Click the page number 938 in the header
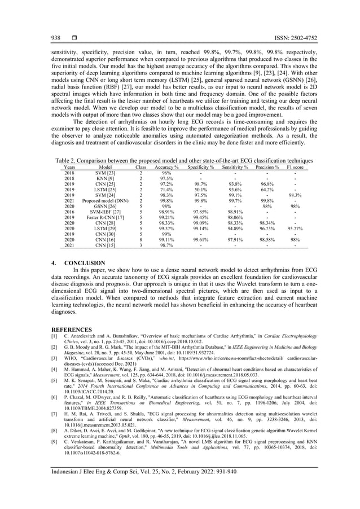[56, 38]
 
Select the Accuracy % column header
[167, 168]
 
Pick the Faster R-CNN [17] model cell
[105, 217]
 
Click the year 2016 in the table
[70, 212]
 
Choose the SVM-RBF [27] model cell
[105, 212]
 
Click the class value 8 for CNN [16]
[140, 239]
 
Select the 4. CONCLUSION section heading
[78, 263]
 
